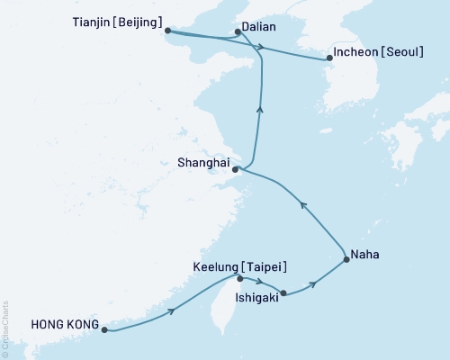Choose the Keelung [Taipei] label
tap(240, 266)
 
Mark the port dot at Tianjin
tap(167, 31)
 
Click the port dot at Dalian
tap(237, 32)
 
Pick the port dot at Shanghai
tap(235, 169)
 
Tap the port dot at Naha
tap(346, 261)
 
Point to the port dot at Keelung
tap(239, 278)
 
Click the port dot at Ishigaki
tap(283, 292)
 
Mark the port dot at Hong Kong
tap(104, 330)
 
